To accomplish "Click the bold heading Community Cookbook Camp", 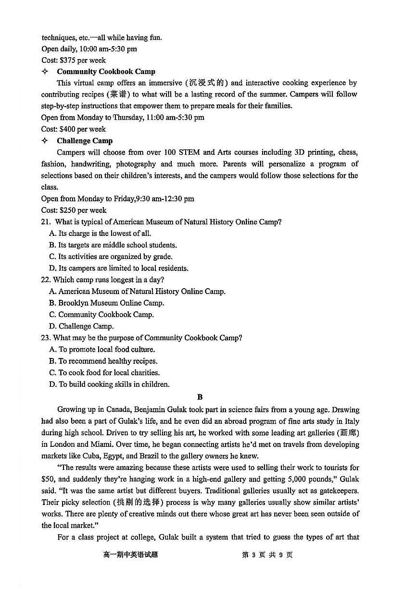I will pos(106,72).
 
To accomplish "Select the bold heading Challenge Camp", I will pos(85,141).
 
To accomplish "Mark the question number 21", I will pos(46,222).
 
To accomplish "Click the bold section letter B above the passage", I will pos(200,397).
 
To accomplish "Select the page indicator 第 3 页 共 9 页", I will pos(267,555).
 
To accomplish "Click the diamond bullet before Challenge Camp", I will pos(45,141).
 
